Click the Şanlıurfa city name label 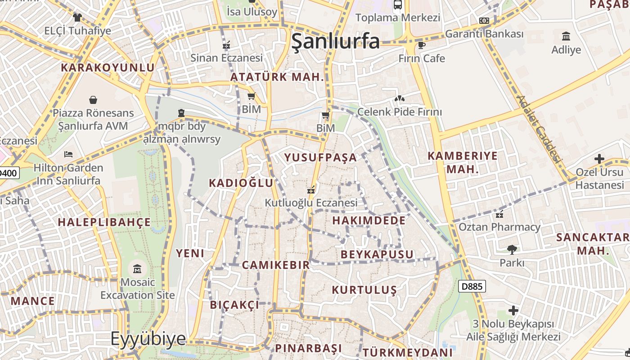[x=336, y=41]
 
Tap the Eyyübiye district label [x=148, y=338]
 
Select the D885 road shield [x=472, y=286]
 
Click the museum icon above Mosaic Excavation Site [x=137, y=269]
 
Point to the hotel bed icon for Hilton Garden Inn [x=68, y=154]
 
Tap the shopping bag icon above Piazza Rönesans [x=93, y=99]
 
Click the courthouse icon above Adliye [x=566, y=36]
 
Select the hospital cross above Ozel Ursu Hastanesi [x=599, y=159]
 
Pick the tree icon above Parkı [x=512, y=249]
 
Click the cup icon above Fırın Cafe [x=421, y=45]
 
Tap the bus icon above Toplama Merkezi [x=397, y=4]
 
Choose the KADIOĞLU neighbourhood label [x=241, y=183]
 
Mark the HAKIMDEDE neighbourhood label [x=369, y=220]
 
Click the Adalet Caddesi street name [x=539, y=129]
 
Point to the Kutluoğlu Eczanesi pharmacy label [x=311, y=202]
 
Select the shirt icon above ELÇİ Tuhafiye [x=77, y=18]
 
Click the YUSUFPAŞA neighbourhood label [x=321, y=157]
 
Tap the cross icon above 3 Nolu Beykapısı [x=513, y=310]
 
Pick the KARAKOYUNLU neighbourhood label [x=108, y=67]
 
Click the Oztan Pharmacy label [x=499, y=227]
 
